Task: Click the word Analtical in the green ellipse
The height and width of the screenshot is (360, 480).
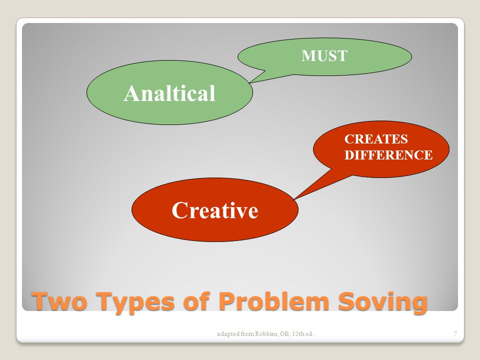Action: [x=169, y=93]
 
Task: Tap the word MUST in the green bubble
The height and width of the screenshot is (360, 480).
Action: [x=324, y=55]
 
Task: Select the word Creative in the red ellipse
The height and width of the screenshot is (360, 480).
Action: [x=215, y=210]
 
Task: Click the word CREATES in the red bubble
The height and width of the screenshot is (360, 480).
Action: [x=376, y=139]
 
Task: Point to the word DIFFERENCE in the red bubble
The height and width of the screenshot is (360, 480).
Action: [x=388, y=155]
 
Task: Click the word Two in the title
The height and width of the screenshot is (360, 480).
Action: [x=59, y=301]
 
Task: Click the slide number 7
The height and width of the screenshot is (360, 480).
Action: [x=455, y=333]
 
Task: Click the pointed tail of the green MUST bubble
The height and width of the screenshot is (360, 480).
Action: [x=250, y=82]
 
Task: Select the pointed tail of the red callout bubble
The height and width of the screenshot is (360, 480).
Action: [x=294, y=199]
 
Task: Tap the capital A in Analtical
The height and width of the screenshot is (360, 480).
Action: [x=130, y=93]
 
